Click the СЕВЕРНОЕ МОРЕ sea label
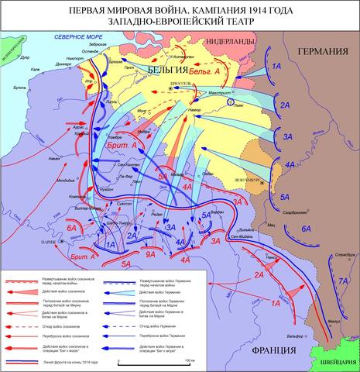[77, 38]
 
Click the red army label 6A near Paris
[71, 228]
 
